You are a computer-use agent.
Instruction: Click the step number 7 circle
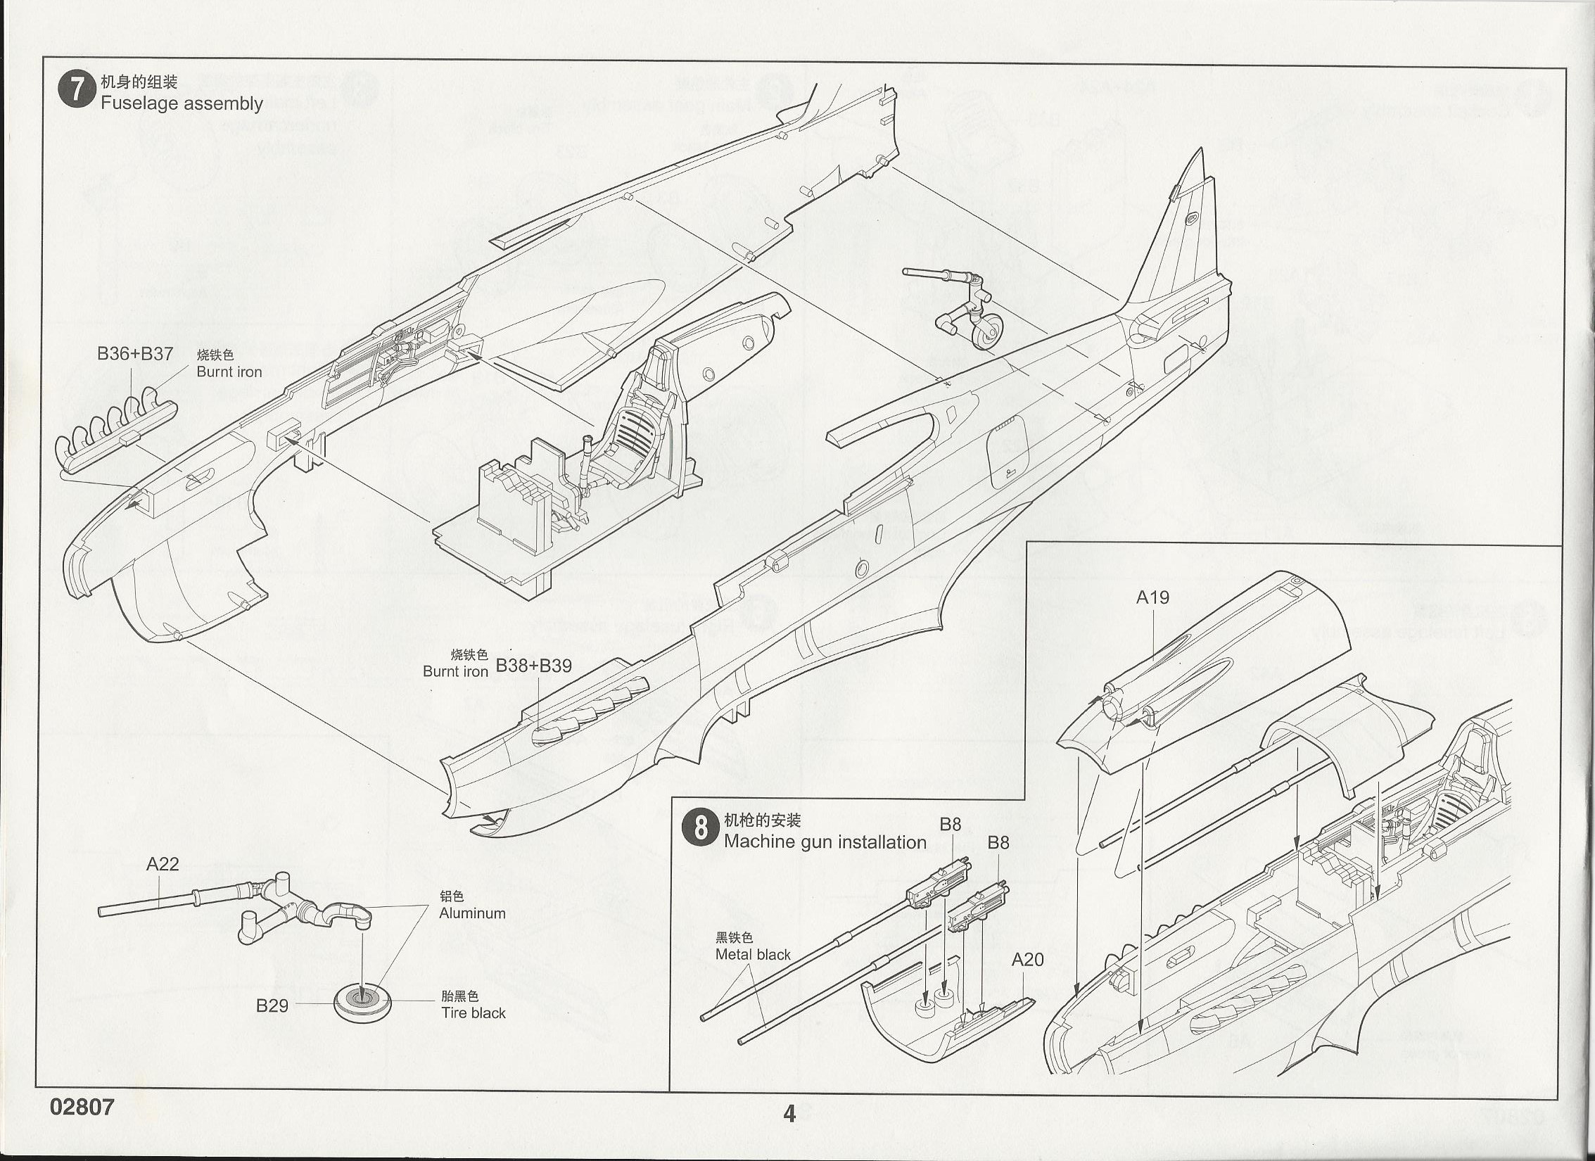pyautogui.click(x=76, y=91)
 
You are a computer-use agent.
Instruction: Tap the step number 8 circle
pyautogui.click(x=700, y=827)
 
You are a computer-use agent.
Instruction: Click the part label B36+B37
pyautogui.click(x=135, y=353)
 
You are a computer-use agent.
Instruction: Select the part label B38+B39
pyautogui.click(x=534, y=666)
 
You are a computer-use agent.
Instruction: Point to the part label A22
pyautogui.click(x=163, y=864)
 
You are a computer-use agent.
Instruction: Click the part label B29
pyautogui.click(x=272, y=1005)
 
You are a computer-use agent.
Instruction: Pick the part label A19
pyautogui.click(x=1152, y=597)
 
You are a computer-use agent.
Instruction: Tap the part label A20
pyautogui.click(x=1027, y=959)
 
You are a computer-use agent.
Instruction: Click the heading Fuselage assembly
pyautogui.click(x=182, y=103)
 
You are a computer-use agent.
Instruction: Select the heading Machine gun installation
pyautogui.click(x=825, y=842)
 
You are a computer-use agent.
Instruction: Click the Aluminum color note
pyautogui.click(x=472, y=913)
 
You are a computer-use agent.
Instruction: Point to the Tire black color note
pyautogui.click(x=474, y=1013)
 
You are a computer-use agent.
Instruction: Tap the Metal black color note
pyautogui.click(x=753, y=954)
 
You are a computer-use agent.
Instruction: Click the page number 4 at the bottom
pyautogui.click(x=789, y=1113)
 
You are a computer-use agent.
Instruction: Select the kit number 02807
pyautogui.click(x=82, y=1107)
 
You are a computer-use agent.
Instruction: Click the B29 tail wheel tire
pyautogui.click(x=362, y=1002)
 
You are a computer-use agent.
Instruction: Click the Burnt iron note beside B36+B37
pyautogui.click(x=229, y=372)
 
